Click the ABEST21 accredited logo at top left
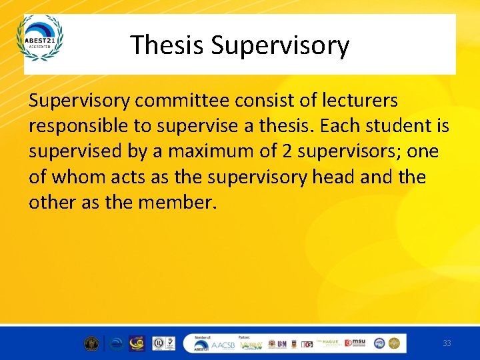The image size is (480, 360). point(40,38)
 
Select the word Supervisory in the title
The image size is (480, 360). point(280,45)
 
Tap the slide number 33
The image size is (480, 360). point(447,343)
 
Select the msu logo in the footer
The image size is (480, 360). point(357,343)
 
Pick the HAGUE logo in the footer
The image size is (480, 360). point(331,343)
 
